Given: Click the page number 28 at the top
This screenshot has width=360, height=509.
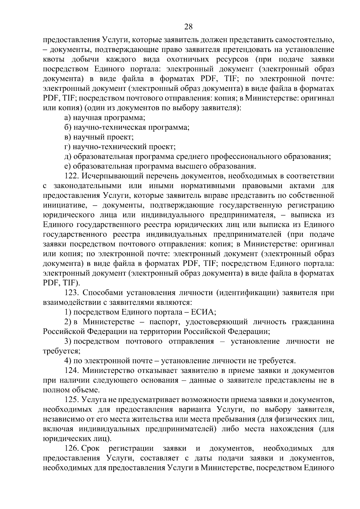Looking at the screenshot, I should click(x=188, y=27).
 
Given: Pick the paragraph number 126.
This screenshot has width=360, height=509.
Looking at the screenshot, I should click(x=72, y=448).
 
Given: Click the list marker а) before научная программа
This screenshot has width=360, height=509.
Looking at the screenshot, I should click(x=67, y=118).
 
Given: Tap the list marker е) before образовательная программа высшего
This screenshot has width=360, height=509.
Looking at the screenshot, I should click(x=67, y=166).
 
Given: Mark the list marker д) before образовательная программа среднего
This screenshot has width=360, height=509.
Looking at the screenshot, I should click(x=67, y=157).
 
